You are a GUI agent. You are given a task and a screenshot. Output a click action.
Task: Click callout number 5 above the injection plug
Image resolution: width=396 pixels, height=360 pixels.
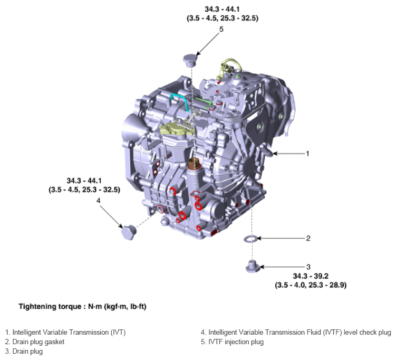(x=221, y=30)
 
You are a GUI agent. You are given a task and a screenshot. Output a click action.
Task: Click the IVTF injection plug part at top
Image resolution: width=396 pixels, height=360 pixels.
(x=190, y=59)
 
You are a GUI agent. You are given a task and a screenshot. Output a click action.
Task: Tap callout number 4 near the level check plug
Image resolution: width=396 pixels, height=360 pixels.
(x=98, y=201)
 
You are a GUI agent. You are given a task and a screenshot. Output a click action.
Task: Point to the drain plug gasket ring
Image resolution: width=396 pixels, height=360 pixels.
(x=252, y=239)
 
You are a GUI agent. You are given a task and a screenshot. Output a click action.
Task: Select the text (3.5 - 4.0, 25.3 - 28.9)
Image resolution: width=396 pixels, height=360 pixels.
(x=311, y=285)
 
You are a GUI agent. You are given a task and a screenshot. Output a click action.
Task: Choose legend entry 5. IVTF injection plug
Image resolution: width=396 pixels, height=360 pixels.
(x=232, y=342)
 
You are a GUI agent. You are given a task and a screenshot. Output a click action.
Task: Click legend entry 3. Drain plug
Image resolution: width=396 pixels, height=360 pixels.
(x=24, y=352)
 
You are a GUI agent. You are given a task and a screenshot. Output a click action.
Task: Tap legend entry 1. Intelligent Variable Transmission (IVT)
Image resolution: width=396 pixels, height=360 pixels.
(x=65, y=332)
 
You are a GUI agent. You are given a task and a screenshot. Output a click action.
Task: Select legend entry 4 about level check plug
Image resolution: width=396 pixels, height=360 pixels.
(x=296, y=332)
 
